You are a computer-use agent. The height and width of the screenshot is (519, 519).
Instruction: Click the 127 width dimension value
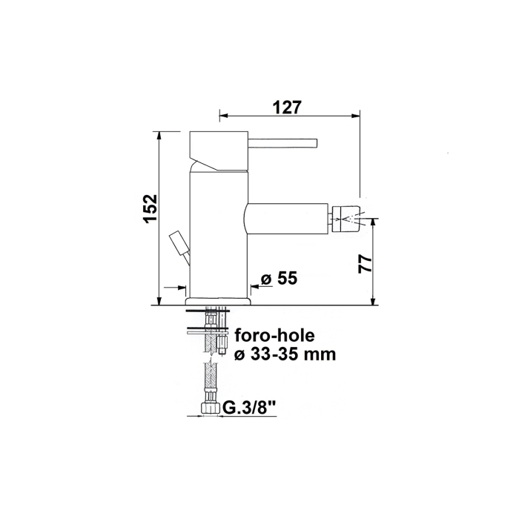[288, 108]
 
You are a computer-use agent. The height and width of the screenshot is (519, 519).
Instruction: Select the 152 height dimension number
[151, 208]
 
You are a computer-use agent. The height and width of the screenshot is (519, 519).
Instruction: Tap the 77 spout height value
[365, 263]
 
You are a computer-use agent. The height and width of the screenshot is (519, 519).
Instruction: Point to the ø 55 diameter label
[279, 278]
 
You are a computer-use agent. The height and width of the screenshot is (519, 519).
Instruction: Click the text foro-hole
[275, 336]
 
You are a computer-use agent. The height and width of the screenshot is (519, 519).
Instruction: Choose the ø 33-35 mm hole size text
[285, 354]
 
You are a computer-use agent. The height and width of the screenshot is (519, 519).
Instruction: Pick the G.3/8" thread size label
[249, 408]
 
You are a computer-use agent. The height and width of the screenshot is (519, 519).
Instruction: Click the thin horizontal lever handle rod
[282, 142]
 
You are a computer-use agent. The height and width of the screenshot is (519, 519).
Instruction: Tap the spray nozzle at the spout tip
[346, 219]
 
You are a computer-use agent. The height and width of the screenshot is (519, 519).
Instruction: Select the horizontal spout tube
[288, 219]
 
